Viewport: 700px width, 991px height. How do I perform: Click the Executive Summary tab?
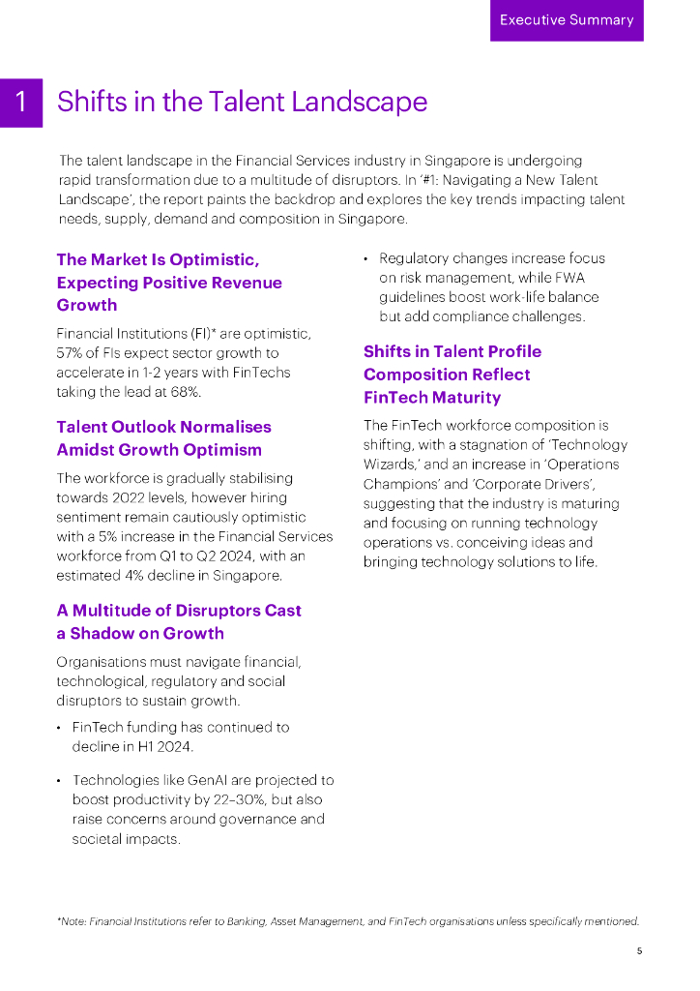(x=567, y=20)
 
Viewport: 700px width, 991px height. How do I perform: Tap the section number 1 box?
(x=21, y=103)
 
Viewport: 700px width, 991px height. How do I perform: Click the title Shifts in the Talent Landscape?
(x=242, y=102)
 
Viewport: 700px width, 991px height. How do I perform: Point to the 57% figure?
(x=71, y=353)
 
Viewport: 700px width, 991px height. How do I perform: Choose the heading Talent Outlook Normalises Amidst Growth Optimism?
(x=163, y=438)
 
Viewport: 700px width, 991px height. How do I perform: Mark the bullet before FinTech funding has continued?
(x=60, y=728)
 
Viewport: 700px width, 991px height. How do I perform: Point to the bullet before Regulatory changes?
(x=366, y=259)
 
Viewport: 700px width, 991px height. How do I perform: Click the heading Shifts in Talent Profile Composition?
(x=452, y=375)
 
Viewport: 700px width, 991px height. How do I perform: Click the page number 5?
(x=639, y=950)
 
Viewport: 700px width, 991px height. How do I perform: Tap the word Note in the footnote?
(x=73, y=921)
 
